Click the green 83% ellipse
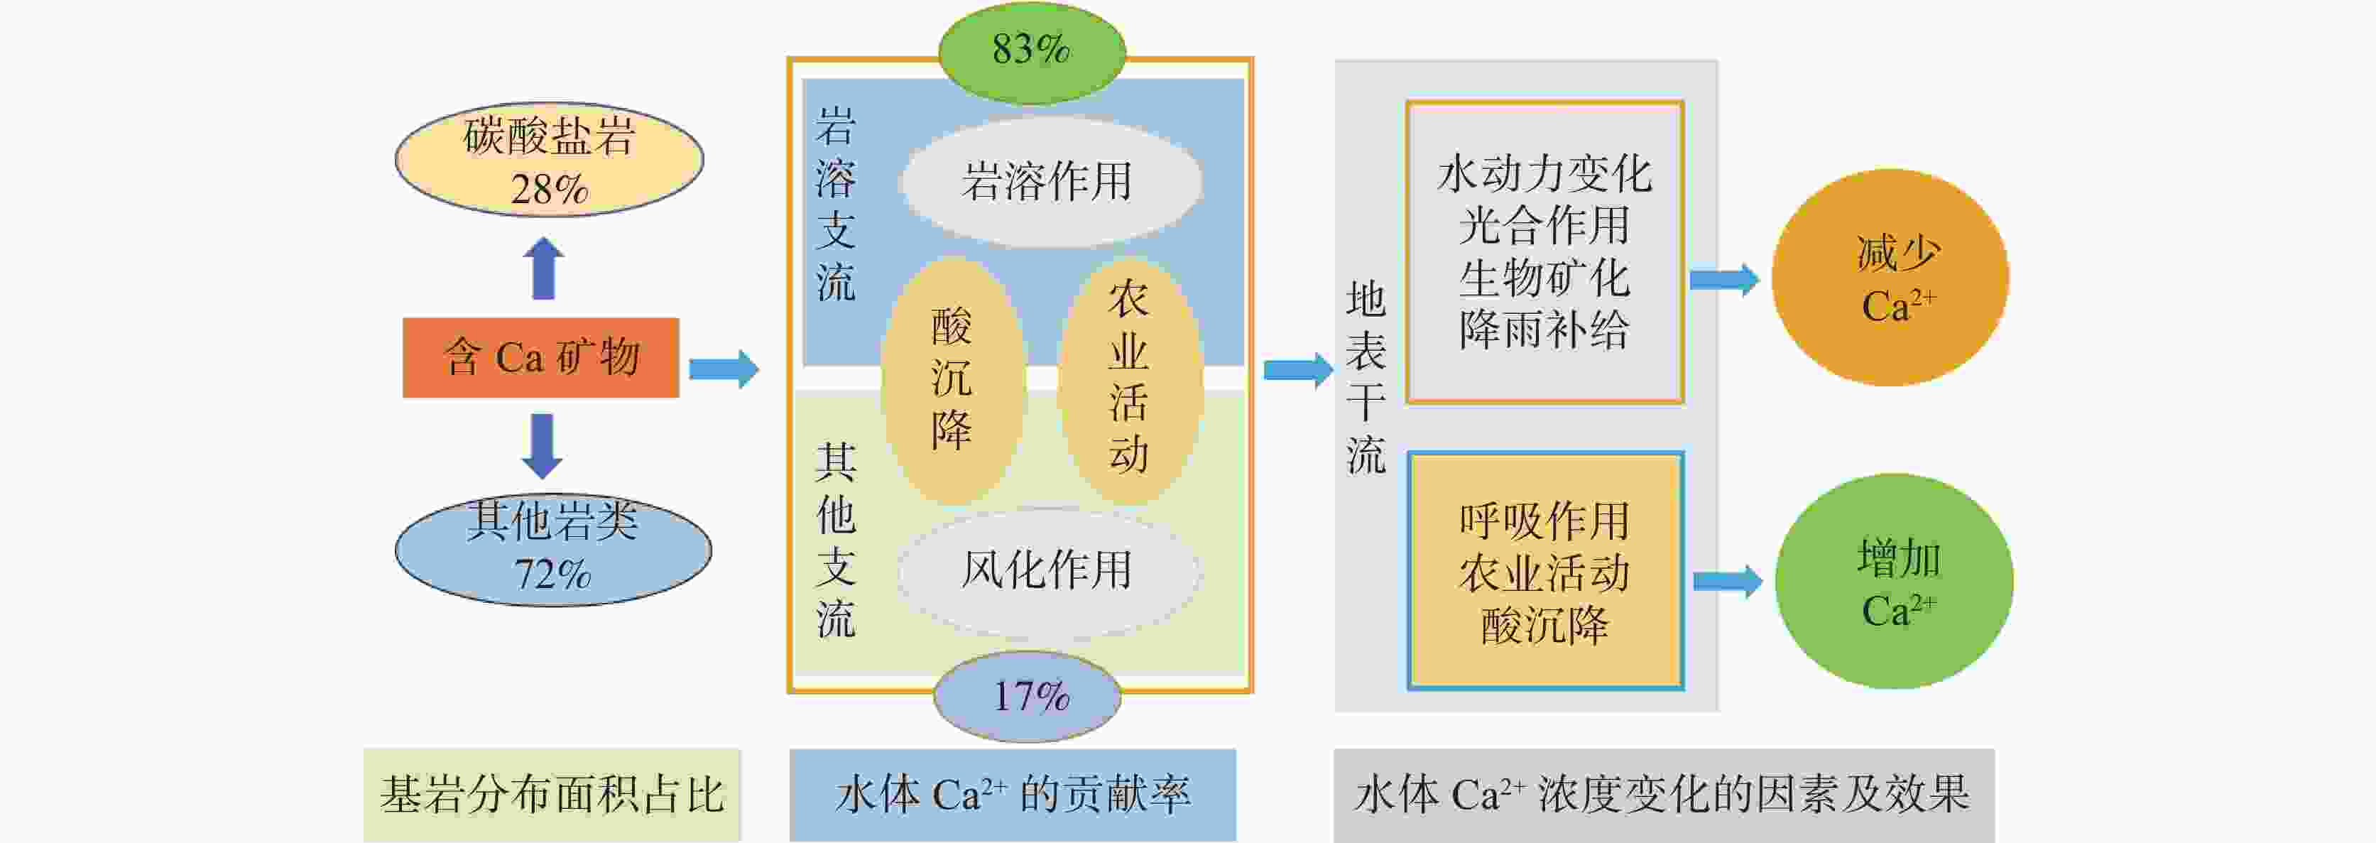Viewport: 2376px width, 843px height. (1031, 50)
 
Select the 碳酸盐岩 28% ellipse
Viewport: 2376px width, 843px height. (549, 161)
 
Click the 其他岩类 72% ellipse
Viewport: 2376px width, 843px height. (552, 550)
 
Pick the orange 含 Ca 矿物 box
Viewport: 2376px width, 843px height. (540, 358)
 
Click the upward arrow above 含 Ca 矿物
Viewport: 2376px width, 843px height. (543, 268)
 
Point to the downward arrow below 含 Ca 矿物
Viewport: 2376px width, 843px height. (543, 445)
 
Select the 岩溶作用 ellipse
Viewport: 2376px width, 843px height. (1050, 181)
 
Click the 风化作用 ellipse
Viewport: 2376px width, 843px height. (1048, 570)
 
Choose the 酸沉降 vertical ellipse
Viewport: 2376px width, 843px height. (952, 378)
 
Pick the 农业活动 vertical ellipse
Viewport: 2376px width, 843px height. (1129, 378)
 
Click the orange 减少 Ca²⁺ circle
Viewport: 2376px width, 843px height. (1890, 278)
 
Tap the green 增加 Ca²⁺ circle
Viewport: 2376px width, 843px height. (1894, 581)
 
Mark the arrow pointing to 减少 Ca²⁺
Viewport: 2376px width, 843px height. (1723, 280)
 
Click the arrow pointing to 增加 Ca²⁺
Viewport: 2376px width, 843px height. (1728, 581)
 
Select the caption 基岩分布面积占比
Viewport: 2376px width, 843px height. (552, 794)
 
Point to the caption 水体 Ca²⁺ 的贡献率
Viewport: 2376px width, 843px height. (1013, 794)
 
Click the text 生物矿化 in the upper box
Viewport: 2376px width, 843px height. (1544, 278)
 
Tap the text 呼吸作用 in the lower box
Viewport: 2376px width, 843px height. (1544, 522)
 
